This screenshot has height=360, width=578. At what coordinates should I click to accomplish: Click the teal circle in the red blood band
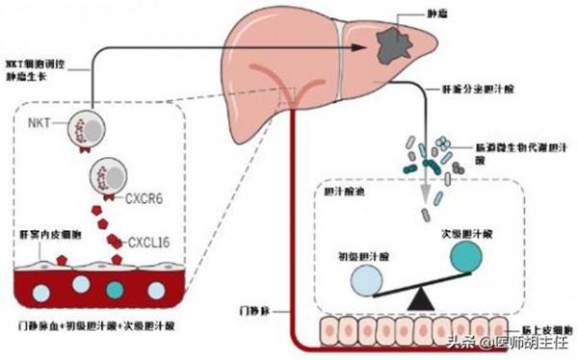click(116, 289)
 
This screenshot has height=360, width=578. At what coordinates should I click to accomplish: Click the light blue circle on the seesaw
click(367, 281)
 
